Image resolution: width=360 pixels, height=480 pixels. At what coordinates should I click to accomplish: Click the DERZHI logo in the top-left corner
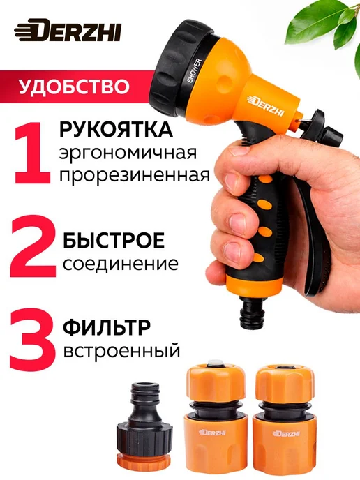(68, 31)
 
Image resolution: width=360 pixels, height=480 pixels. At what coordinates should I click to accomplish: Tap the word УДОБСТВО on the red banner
(74, 87)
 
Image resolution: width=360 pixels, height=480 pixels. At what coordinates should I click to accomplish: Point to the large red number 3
(33, 334)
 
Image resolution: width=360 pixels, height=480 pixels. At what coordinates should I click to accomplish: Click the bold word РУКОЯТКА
(117, 130)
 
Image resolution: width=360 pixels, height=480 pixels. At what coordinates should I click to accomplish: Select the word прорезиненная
(135, 176)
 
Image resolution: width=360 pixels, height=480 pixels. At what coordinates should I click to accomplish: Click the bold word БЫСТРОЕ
(114, 240)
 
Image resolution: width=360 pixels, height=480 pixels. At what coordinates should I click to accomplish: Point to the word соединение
(121, 264)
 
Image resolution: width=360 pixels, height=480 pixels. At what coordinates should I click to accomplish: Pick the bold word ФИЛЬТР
(107, 328)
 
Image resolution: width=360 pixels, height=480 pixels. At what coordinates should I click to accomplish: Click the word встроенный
(121, 351)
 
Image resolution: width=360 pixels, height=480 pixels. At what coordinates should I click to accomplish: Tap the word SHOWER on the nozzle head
(195, 70)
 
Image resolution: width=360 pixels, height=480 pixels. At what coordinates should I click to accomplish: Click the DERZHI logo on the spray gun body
(266, 105)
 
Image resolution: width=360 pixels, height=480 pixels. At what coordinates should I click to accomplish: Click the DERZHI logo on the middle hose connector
(213, 433)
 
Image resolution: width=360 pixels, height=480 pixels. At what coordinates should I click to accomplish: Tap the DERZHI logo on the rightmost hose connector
(283, 433)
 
